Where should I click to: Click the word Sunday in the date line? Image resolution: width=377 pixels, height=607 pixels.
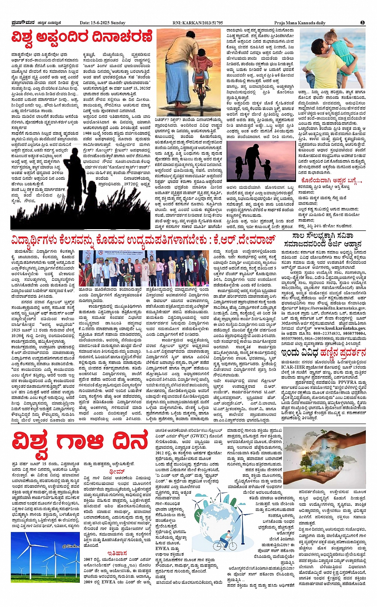pyautogui.click(x=118, y=23)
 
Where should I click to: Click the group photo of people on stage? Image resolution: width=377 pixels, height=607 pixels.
pyautogui.click(x=144, y=269)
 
